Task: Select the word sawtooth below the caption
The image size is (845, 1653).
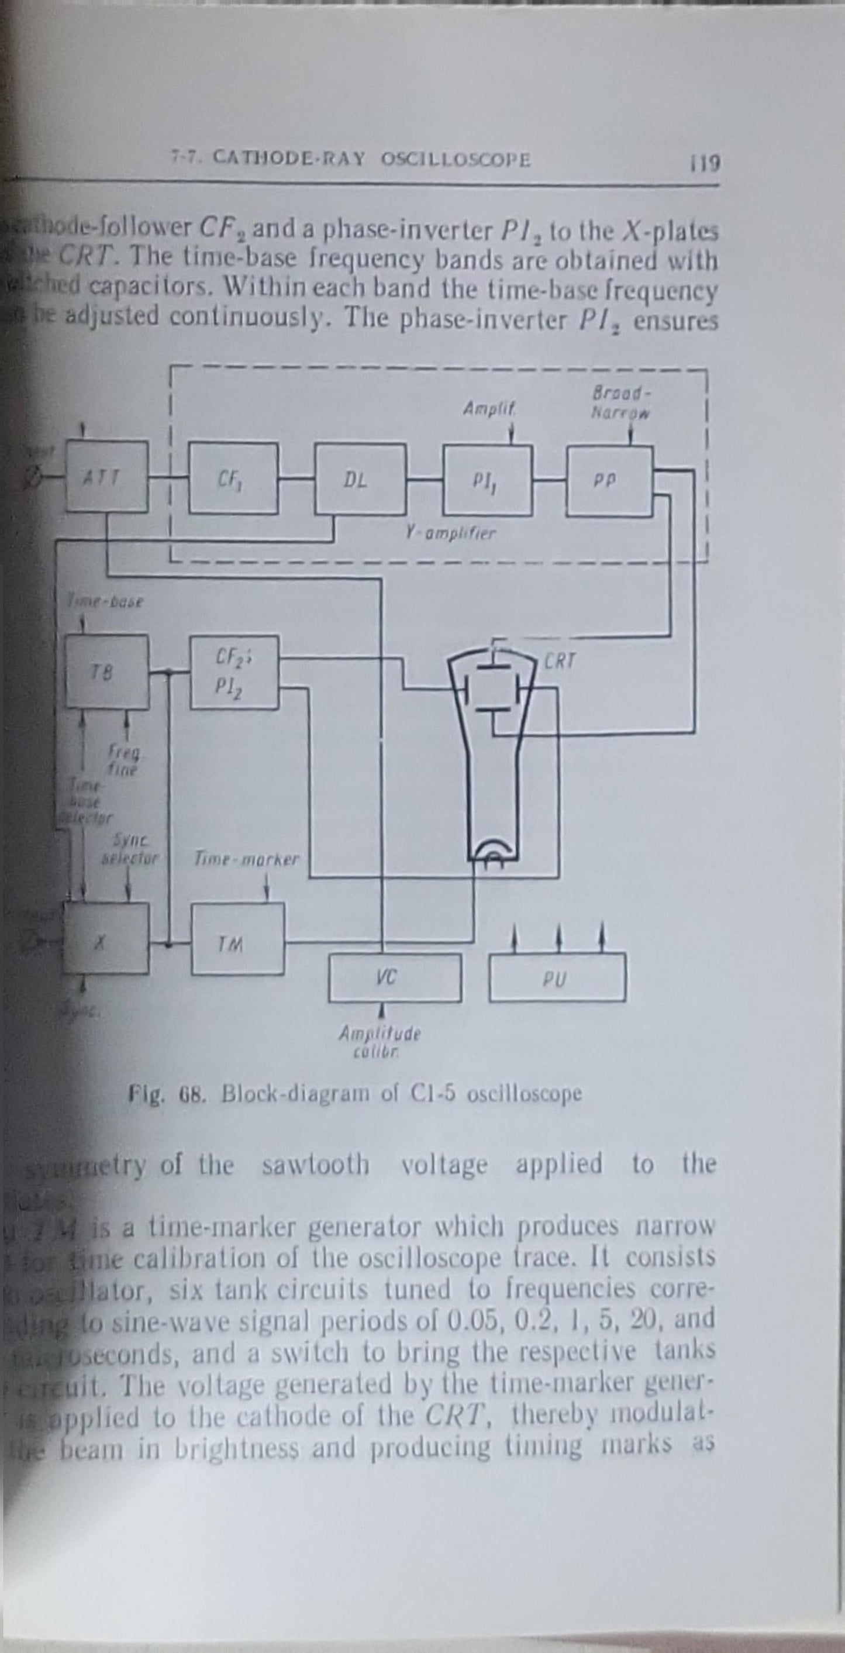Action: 316,1164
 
